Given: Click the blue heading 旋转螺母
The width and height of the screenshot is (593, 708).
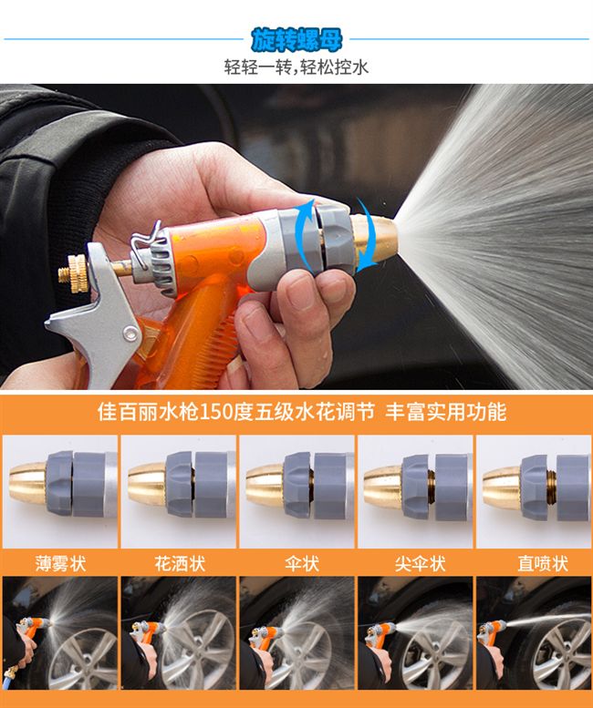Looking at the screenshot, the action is [296, 40].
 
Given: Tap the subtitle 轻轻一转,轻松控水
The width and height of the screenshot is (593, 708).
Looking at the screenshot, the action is [296, 67].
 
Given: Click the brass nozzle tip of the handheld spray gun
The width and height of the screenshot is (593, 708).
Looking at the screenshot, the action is [375, 236].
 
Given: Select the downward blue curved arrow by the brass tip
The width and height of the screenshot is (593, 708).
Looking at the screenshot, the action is [366, 235].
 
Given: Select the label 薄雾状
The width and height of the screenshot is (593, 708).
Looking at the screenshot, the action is [60, 563].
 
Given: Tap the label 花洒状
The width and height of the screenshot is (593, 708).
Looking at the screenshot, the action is [180, 563].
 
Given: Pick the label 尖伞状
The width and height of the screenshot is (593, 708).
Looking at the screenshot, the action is [420, 563].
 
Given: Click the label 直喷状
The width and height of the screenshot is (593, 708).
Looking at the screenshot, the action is [543, 563].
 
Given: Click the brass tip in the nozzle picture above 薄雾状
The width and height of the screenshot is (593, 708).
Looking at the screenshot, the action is [28, 483].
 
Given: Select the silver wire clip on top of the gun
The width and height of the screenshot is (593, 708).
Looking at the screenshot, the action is [146, 239].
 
